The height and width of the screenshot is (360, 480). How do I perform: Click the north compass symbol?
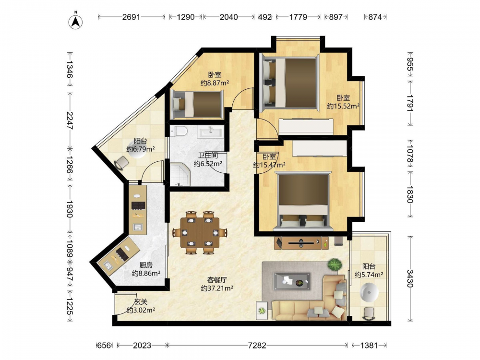pyautogui.click(x=75, y=21)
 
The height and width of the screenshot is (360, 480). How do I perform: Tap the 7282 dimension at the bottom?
pyautogui.click(x=257, y=345)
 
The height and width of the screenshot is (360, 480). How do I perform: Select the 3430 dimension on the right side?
pyautogui.click(x=410, y=278)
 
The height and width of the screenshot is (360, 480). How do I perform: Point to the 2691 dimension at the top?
pyautogui.click(x=131, y=17)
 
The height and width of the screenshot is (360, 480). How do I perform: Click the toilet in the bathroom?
pyautogui.click(x=179, y=131)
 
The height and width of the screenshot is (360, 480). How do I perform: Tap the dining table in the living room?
pyautogui.click(x=200, y=232)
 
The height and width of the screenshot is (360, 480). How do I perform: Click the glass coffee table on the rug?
pyautogui.click(x=292, y=281)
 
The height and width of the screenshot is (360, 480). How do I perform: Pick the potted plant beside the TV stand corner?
pyautogui.click(x=334, y=264)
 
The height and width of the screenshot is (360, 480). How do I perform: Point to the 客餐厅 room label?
pyautogui.click(x=217, y=280)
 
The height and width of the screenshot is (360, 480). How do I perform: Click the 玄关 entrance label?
pyautogui.click(x=141, y=302)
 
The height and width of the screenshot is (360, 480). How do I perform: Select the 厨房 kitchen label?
pyautogui.click(x=146, y=265)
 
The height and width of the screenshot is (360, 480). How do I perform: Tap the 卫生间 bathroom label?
pyautogui.click(x=208, y=156)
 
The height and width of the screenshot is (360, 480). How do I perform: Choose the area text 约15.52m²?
pyautogui.click(x=343, y=106)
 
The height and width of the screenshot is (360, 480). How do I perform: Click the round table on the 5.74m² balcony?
pyautogui.click(x=369, y=292)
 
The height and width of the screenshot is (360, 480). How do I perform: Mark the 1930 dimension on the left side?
pyautogui.click(x=70, y=209)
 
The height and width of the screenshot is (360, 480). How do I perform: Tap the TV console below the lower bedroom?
pyautogui.click(x=301, y=243)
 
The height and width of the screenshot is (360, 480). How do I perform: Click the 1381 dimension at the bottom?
pyautogui.click(x=369, y=345)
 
